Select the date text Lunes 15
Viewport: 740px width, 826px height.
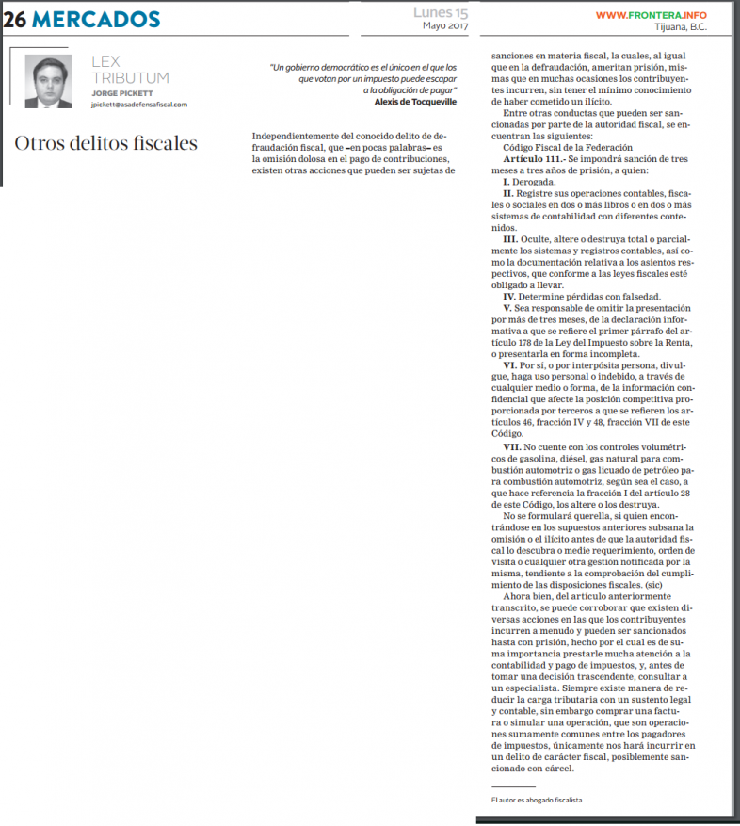[441, 13]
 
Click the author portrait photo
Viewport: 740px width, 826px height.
[48, 82]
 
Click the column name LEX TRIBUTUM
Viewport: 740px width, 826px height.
[130, 70]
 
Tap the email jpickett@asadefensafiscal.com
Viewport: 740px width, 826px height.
[139, 105]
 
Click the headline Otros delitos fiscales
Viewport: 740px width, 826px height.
[105, 143]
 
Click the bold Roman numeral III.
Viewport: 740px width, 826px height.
[513, 240]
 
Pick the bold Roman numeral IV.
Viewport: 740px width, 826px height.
[513, 296]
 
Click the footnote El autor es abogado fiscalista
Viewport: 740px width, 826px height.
[538, 800]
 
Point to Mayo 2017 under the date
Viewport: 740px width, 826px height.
[446, 26]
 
